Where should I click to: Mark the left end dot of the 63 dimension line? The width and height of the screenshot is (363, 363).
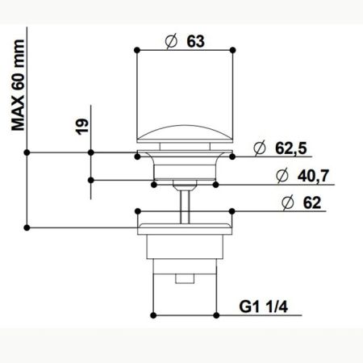(138, 50)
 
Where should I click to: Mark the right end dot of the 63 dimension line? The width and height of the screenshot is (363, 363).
(233, 50)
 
